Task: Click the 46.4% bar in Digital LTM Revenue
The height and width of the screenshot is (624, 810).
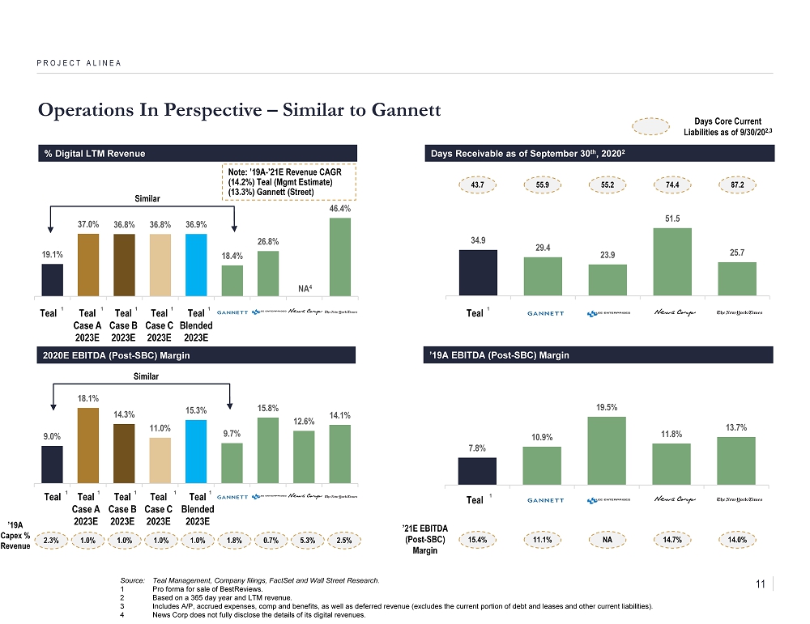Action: point(340,257)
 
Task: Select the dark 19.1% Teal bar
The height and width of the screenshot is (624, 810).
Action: point(53,280)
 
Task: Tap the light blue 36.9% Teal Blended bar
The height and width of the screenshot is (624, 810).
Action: point(196,265)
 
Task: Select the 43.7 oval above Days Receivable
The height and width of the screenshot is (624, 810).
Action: point(478,185)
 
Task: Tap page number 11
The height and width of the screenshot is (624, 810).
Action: point(760,584)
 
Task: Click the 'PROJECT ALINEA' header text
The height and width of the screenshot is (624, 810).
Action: point(79,62)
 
